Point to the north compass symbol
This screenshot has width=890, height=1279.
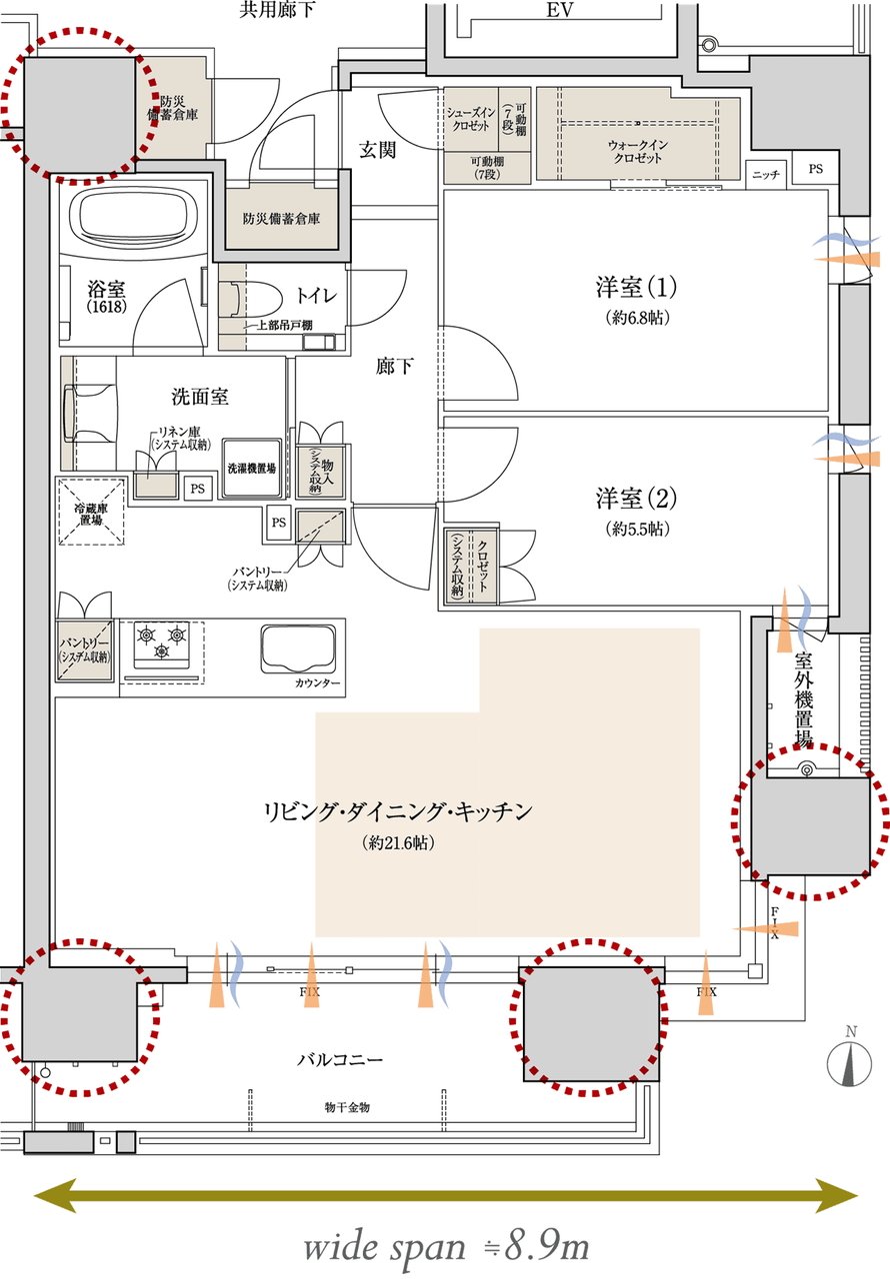pyautogui.click(x=849, y=1064)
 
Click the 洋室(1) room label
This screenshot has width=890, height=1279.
pyautogui.click(x=637, y=289)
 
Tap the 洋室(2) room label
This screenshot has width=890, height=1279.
pyautogui.click(x=637, y=497)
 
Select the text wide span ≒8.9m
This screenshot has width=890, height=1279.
pyautogui.click(x=446, y=1247)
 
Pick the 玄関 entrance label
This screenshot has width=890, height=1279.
pyautogui.click(x=377, y=150)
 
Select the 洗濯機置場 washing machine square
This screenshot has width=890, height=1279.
pyautogui.click(x=250, y=467)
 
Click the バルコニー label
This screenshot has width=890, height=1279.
pyautogui.click(x=340, y=1058)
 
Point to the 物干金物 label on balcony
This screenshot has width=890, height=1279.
pyautogui.click(x=347, y=1107)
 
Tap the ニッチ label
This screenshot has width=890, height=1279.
pyautogui.click(x=766, y=174)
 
